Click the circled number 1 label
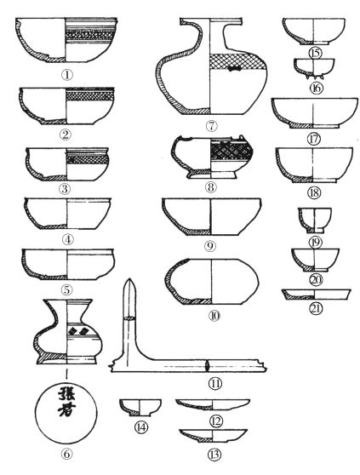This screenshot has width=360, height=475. pos(67,75)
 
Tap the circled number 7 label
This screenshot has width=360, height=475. pos(211,126)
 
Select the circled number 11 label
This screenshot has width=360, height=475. pos(215,384)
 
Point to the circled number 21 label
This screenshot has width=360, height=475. pos(316,308)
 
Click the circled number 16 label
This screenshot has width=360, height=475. pos(317,89)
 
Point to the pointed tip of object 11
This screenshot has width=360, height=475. pos(129,279)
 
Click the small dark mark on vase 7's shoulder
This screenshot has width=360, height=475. pos(233,69)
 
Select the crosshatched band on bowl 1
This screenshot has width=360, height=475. pos(90,35)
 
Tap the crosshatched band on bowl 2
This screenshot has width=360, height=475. pos(90,96)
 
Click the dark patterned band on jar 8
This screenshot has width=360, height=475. pos(231,152)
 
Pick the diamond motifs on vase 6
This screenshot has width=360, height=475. pos(77,331)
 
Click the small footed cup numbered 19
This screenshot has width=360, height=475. pos(315,220)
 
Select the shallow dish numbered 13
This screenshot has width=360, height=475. pos(214,436)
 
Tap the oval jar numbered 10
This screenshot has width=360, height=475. pos(212,282)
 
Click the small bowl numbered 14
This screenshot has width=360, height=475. pos(140,408)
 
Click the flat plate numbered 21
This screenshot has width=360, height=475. pos(316,295)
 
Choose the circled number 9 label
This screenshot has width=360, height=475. pos(210,245)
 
